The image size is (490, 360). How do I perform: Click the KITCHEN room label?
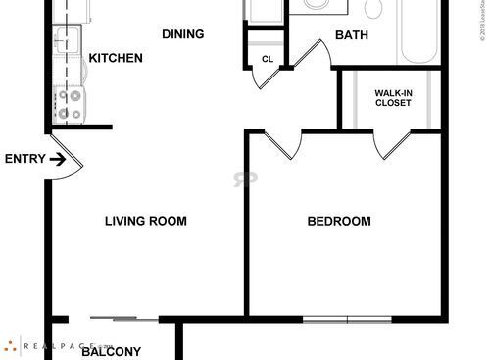pyautogui.click(x=116, y=59)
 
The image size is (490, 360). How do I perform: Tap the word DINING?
pyautogui.click(x=182, y=34)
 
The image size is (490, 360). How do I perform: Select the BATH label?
pyautogui.click(x=352, y=36)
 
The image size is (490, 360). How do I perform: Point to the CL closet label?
pyautogui.click(x=267, y=59)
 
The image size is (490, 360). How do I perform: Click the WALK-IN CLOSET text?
pyautogui.click(x=394, y=99)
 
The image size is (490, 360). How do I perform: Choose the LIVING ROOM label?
pyautogui.click(x=146, y=221)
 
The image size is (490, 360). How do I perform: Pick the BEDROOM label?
pyautogui.click(x=339, y=221)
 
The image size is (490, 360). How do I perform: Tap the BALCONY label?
pyautogui.click(x=111, y=352)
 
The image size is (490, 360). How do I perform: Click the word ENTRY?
pyautogui.click(x=24, y=159)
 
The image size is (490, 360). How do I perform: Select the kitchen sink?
pyautogui.click(x=67, y=42)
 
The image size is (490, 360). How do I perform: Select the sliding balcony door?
pyautogui.click(x=122, y=318)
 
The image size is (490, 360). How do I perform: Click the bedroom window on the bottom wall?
pyautogui.click(x=347, y=319)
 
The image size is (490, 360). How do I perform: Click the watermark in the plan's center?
pyautogui.click(x=239, y=180)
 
